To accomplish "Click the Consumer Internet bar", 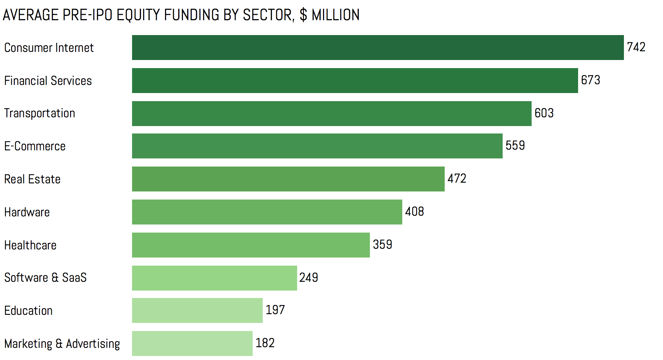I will pos(378,48).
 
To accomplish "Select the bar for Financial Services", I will pos(355,81).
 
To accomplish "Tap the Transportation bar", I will pos(331,114).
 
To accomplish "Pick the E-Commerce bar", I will pos(317,146).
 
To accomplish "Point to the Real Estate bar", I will pos(288,179).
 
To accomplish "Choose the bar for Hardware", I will pos(267,212).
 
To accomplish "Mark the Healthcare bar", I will pos(251,245).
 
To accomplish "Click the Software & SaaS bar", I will pos(214,278).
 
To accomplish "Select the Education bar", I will pos(197,310).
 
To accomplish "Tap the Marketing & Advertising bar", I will pos(192,343).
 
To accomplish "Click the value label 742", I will pos(636,47).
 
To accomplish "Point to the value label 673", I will pos(591,80).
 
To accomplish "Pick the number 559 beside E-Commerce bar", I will pos(515,145).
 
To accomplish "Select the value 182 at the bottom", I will pos(265,343).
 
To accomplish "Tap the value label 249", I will pos(309,277).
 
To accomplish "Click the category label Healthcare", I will pos(30,245).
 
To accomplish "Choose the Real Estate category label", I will pos(32,179).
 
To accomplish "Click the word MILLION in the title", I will pos(336,15).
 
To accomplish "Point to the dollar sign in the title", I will pos(303,15).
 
